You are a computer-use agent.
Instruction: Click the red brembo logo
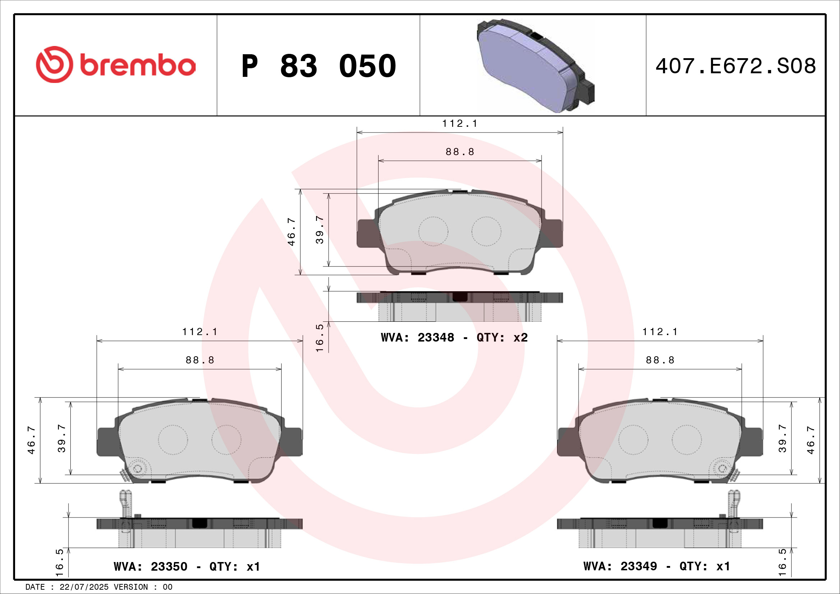coord(116,65)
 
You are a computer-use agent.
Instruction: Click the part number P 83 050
coord(319,66)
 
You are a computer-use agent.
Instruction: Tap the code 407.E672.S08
coord(735,66)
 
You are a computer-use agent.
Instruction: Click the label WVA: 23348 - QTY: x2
coord(454,337)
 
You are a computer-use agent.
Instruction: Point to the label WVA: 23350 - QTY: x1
coord(187,567)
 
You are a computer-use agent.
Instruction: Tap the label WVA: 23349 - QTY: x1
coord(657,566)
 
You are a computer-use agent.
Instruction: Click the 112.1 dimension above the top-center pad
coord(460,124)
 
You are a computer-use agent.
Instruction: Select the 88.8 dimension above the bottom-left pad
coord(200,360)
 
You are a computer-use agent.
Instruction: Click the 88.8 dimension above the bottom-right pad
coord(660,360)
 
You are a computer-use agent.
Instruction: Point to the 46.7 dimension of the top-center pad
coord(291,232)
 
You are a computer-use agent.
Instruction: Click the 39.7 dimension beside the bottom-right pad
coord(782,438)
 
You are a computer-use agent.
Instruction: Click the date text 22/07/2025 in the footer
coord(84,587)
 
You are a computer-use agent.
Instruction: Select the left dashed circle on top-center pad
coord(433,231)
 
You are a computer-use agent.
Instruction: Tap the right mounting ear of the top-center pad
coord(553,233)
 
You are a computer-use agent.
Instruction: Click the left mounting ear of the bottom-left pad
coord(107,441)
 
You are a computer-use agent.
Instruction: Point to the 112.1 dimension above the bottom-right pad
coord(660,332)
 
